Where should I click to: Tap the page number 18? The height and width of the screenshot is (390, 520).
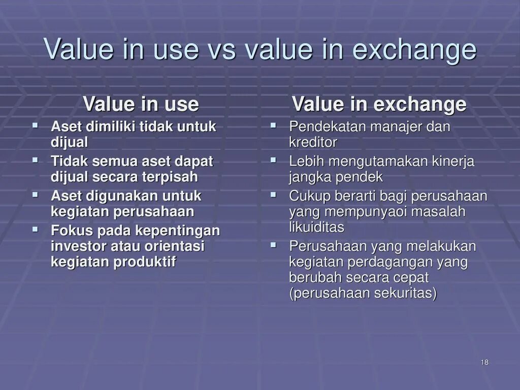tap(484, 362)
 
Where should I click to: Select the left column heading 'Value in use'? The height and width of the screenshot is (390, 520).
tap(141, 104)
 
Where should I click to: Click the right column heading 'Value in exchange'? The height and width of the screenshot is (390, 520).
tap(379, 104)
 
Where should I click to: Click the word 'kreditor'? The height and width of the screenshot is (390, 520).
tap(313, 142)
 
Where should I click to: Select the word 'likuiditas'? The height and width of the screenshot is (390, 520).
tap(316, 227)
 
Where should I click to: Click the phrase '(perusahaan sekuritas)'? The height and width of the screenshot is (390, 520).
tap(363, 294)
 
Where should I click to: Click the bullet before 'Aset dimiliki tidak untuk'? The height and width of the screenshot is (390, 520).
tap(36, 124)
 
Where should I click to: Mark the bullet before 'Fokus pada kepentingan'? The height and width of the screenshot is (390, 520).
tap(36, 229)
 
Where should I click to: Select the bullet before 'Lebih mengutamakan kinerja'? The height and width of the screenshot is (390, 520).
tap(273, 160)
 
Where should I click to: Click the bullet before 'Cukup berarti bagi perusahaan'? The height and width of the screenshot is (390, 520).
tap(273, 194)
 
